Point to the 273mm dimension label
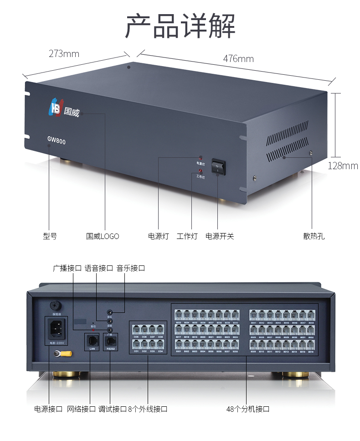64,54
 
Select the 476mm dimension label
238,59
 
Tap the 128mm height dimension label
343,166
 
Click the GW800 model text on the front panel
57,141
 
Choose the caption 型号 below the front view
50,236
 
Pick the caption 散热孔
314,236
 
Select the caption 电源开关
220,236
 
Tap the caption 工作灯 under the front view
187,236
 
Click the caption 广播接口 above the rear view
67,268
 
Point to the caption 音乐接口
131,268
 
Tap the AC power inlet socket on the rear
56,327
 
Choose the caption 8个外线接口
148,409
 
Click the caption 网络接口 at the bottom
82,409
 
